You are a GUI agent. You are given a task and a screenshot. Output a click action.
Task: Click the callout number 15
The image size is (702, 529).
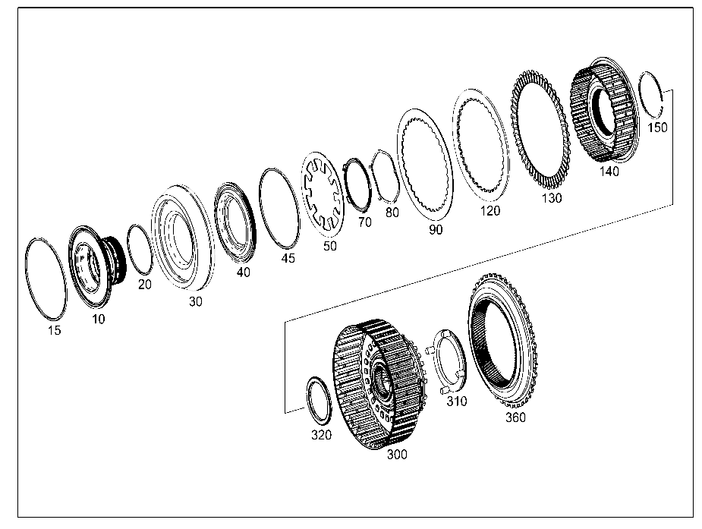(54, 330)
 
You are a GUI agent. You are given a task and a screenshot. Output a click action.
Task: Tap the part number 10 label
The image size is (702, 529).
(98, 319)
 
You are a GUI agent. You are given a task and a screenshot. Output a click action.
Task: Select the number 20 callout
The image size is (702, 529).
(145, 284)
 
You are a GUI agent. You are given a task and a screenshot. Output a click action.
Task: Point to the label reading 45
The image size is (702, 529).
(288, 258)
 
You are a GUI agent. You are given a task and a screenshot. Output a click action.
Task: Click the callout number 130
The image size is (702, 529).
(552, 198)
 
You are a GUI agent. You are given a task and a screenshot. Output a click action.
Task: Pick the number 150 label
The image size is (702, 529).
(657, 128)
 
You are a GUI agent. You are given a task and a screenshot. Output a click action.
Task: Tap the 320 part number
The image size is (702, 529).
(322, 435)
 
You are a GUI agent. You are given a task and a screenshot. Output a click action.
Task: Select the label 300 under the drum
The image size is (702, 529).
(397, 455)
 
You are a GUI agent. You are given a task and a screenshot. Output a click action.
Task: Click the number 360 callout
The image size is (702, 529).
(515, 417)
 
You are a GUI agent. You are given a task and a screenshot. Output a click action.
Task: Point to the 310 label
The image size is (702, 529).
(457, 401)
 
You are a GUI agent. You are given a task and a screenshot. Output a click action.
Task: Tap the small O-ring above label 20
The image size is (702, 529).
(140, 249)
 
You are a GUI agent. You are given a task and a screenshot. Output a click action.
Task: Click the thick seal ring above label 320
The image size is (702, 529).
(319, 401)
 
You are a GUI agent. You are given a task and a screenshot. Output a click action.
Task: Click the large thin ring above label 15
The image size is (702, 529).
(46, 279)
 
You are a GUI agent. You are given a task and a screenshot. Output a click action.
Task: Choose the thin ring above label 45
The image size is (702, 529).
(279, 208)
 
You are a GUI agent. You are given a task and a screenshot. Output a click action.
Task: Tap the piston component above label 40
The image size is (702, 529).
(235, 222)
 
